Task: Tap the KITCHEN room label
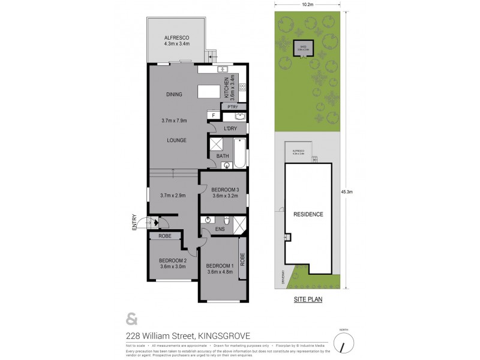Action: pyautogui.click(x=227, y=88)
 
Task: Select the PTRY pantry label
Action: pyautogui.click(x=233, y=107)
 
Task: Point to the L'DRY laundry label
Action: pyautogui.click(x=230, y=128)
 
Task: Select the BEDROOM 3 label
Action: pyautogui.click(x=225, y=190)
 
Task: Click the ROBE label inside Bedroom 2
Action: pyautogui.click(x=165, y=236)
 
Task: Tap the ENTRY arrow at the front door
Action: pyautogui.click(x=155, y=224)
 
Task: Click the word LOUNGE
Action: pyautogui.click(x=176, y=140)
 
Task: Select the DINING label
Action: pyautogui.click(x=174, y=94)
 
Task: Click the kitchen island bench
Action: pyautogui.click(x=210, y=91)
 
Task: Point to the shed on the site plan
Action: pyautogui.click(x=302, y=49)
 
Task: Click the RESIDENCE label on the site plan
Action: pyautogui.click(x=308, y=214)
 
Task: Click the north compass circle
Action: pyautogui.click(x=343, y=344)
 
